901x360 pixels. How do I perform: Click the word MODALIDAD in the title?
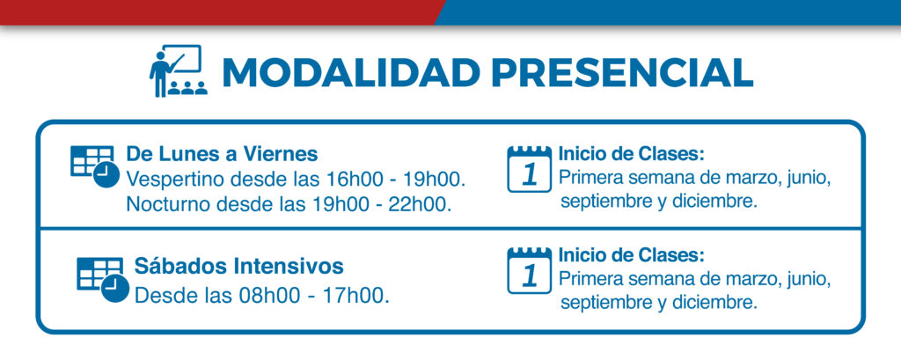pos(351,72)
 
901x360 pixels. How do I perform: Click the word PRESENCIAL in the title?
pos(623,72)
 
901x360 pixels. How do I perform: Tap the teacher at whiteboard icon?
pos(177,70)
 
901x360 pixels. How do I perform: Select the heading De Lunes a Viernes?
pos(222,154)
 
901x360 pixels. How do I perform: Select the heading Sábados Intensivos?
pos(239,267)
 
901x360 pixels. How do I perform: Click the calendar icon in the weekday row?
pos(529,168)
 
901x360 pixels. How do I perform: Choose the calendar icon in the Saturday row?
pos(529,270)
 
